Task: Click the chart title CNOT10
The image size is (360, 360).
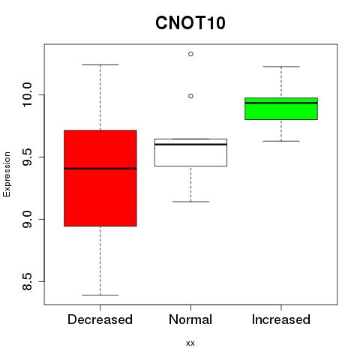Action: [x=190, y=22]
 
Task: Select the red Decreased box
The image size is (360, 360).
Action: [x=100, y=178]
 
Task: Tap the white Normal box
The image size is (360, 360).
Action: [x=190, y=152]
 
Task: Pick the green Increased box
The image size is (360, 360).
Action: [x=281, y=109]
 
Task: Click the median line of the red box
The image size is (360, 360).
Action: [x=100, y=169]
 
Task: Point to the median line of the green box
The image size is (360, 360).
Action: [x=281, y=103]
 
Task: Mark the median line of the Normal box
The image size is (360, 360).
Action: [x=190, y=144]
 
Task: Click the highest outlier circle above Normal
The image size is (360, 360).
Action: [x=190, y=54]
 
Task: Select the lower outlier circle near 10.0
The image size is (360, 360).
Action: [x=190, y=96]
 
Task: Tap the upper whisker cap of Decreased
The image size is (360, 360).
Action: [x=100, y=64]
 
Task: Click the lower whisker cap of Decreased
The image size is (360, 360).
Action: [x=100, y=295]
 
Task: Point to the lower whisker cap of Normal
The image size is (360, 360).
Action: [x=190, y=202]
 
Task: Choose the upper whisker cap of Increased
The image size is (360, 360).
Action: [x=281, y=67]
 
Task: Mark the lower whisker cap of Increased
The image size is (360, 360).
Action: [x=281, y=141]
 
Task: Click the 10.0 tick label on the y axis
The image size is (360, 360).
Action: [x=27, y=95]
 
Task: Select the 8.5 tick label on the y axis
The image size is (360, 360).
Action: [x=27, y=281]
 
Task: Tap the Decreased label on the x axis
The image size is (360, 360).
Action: [x=100, y=319]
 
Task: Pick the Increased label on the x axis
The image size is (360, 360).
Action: [x=281, y=319]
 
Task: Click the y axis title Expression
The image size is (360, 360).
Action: [x=7, y=174]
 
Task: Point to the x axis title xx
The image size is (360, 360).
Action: [x=190, y=343]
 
